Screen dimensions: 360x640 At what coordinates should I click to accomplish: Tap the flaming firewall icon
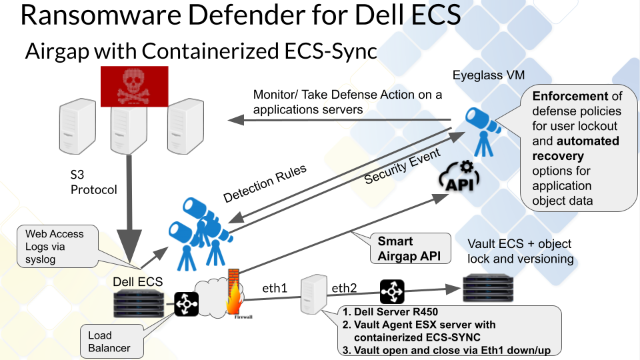[x=234, y=293]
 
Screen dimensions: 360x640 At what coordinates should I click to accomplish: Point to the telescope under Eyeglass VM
[x=481, y=128]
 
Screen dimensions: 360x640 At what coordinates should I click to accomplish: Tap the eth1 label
[x=274, y=289]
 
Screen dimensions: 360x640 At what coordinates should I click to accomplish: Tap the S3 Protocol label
[x=93, y=183]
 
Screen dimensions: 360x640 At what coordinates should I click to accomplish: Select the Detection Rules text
[x=265, y=183]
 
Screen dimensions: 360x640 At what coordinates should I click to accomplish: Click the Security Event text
[x=403, y=167]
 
